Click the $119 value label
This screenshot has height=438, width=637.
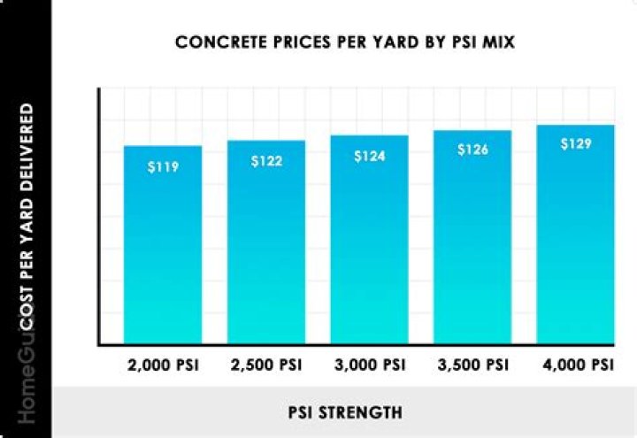click(x=163, y=165)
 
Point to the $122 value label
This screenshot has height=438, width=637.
click(x=266, y=161)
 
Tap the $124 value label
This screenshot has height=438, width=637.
click(x=370, y=156)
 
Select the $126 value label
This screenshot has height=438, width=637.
click(x=472, y=150)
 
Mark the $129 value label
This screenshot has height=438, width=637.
click(x=575, y=143)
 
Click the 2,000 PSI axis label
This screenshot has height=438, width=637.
click(x=163, y=365)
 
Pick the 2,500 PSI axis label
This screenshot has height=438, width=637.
click(x=266, y=365)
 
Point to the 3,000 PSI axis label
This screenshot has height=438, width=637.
click(x=370, y=365)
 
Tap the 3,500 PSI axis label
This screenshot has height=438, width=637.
click(x=472, y=365)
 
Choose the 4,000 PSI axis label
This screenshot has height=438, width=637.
click(x=575, y=365)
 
